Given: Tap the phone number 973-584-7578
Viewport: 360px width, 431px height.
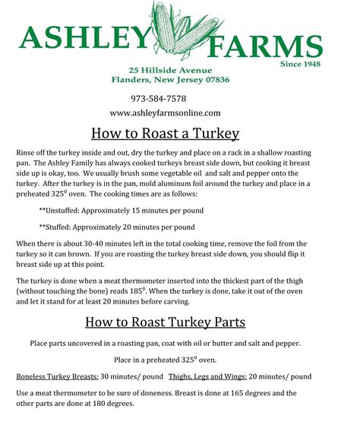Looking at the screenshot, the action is pyautogui.click(x=159, y=99).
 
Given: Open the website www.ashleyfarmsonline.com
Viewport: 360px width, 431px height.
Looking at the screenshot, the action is pyautogui.click(x=165, y=113).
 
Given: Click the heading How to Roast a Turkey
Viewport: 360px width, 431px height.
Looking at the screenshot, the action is pyautogui.click(x=165, y=134).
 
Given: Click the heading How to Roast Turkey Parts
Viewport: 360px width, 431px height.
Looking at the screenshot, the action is pyautogui.click(x=165, y=322).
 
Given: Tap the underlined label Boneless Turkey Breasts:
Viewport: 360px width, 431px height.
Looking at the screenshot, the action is pyautogui.click(x=56, y=376).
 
